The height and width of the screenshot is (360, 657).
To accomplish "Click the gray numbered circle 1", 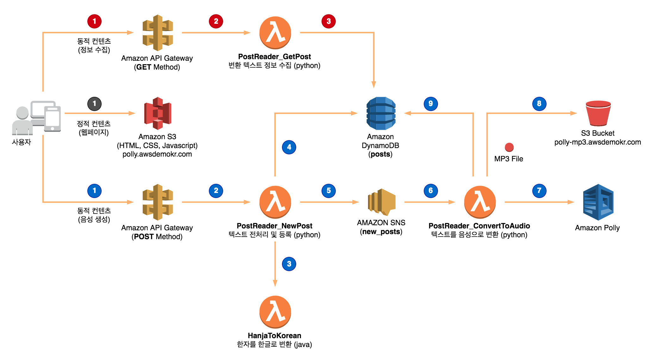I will [94, 104].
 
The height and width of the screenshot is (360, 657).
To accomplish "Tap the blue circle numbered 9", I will [430, 104].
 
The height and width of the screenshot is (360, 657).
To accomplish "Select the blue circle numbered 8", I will [539, 104].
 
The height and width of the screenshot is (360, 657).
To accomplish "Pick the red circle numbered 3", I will [328, 21].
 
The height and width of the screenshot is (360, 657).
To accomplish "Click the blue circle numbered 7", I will [539, 191].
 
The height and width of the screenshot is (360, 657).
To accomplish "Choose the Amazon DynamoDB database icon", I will [381, 113].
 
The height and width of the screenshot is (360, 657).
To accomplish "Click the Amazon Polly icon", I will [598, 202].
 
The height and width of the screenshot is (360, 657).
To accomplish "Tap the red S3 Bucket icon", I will [598, 113].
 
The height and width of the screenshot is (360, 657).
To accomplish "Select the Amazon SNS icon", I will [381, 202].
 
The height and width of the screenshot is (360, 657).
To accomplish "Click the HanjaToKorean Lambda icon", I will [275, 312].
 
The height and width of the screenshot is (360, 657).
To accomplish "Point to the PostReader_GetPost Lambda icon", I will [275, 33].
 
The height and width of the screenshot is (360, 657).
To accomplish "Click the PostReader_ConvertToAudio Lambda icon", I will [480, 202].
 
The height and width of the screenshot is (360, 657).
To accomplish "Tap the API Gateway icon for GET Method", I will [158, 33].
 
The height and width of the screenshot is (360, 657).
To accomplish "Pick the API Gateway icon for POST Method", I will [158, 202].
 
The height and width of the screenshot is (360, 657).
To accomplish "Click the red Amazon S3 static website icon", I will [158, 113].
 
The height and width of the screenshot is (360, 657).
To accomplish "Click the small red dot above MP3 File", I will [509, 147].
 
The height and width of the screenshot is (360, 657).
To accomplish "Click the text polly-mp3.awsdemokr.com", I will [598, 142].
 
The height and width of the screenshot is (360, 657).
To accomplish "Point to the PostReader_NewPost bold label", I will [274, 226].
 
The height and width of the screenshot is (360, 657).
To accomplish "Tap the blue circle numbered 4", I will [289, 147].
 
